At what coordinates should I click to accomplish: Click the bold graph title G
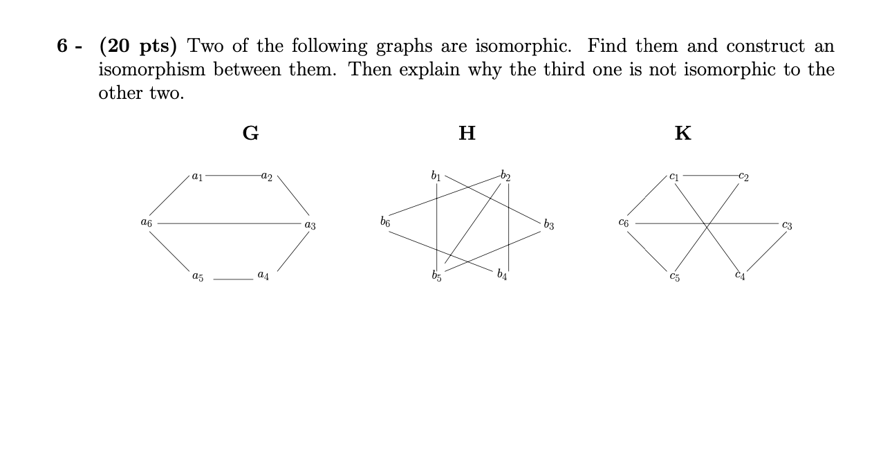(250, 133)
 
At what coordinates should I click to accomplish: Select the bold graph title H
(467, 133)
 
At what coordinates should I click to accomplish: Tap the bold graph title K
(682, 133)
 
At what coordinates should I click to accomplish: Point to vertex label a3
(309, 225)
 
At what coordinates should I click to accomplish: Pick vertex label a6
(146, 224)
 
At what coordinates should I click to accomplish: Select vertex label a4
(263, 276)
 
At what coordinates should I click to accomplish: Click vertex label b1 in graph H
(436, 175)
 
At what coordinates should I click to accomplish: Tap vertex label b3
(548, 224)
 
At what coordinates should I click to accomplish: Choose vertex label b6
(385, 223)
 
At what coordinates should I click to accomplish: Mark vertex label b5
(436, 278)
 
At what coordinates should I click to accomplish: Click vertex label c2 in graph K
(743, 176)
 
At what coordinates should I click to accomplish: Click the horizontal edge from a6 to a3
(228, 223)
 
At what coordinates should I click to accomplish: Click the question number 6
(62, 47)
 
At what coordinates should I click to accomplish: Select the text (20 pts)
(138, 47)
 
